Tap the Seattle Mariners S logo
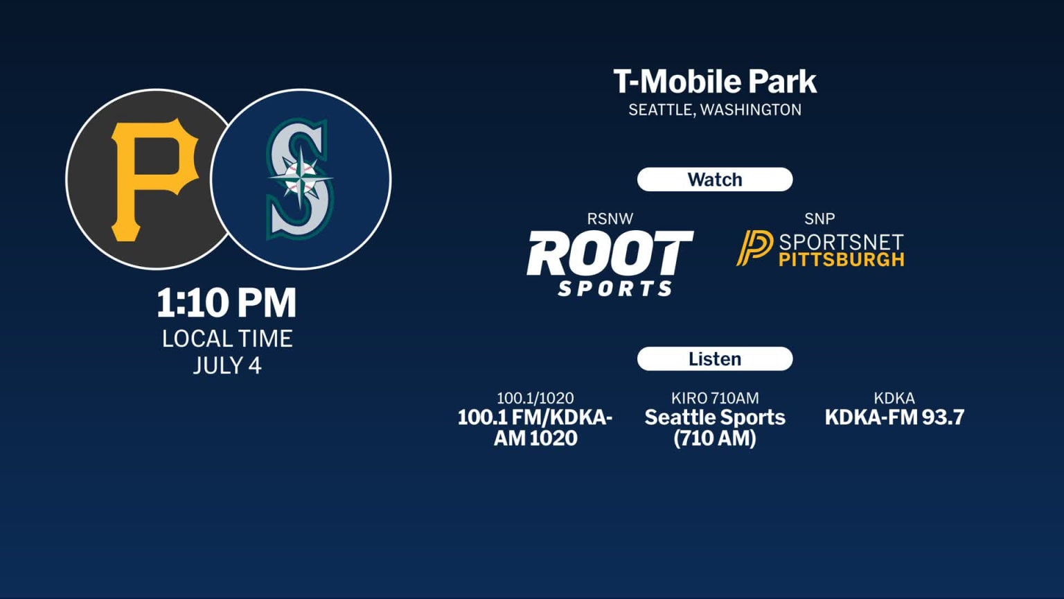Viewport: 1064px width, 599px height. coord(299,179)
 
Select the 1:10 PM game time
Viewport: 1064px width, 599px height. coord(227,303)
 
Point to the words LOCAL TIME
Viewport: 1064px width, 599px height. coord(227,338)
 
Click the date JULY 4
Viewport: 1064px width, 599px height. coord(227,365)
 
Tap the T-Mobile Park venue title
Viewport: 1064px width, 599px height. coord(714,82)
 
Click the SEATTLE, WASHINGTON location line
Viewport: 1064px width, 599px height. coord(714,110)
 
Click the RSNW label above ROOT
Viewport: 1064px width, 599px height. coord(610,219)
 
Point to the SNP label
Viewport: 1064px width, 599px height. coord(819,219)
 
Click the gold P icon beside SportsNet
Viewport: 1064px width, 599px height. coord(754,248)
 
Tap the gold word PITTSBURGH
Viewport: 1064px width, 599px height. coord(842,260)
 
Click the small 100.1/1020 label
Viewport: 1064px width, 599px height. coord(535,399)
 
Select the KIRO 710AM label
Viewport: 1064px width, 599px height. coord(714,399)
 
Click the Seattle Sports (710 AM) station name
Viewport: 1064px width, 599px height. coord(714,427)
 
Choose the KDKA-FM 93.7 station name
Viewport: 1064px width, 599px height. coord(894,417)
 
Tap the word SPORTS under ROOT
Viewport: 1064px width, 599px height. coord(615,288)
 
